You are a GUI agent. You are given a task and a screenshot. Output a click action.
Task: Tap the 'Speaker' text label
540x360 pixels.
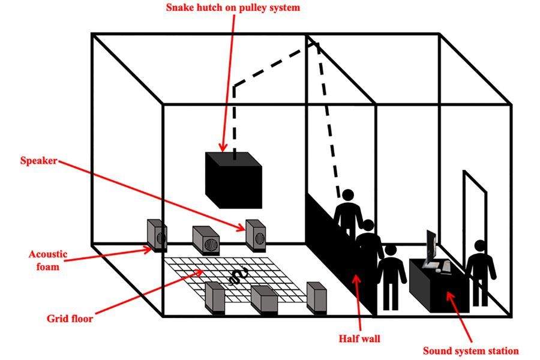[x=40, y=161]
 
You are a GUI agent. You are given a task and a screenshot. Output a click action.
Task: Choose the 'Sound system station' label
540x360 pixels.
[x=470, y=350]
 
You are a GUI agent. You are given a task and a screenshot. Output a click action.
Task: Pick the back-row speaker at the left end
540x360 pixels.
[x=157, y=235]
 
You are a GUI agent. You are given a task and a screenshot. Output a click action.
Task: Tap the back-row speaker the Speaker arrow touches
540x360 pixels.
[x=255, y=235]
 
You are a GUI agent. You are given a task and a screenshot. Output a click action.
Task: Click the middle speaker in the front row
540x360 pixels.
[x=264, y=300]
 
